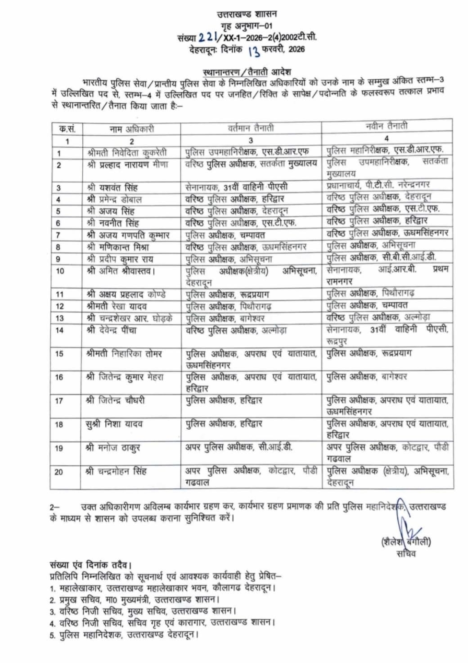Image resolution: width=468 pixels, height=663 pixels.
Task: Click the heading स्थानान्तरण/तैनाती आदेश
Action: pos(247,71)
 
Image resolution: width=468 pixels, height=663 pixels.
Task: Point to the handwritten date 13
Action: pos(254,51)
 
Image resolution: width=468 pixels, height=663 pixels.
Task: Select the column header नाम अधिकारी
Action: pos(131,129)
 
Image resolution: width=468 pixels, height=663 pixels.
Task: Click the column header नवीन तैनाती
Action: pos(387,126)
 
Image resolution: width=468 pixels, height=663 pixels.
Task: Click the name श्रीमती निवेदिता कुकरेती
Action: pos(127,153)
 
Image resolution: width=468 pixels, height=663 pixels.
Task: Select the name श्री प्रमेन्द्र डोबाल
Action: pos(114,199)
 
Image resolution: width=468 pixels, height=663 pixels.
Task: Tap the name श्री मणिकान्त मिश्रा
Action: pos(118,247)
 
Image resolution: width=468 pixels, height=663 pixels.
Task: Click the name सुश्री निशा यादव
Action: pos(114,424)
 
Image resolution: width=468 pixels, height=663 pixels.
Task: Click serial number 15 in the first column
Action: pos(59,354)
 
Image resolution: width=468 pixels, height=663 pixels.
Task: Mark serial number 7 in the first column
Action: pos(58,235)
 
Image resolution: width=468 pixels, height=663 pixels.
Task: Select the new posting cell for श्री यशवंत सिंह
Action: pos(378,185)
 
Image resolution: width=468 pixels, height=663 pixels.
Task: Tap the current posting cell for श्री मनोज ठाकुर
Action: pos(239,447)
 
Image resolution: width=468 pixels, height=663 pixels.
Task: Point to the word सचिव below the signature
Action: pos(406,554)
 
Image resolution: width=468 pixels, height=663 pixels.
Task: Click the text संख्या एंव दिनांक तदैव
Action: pos(91,565)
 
